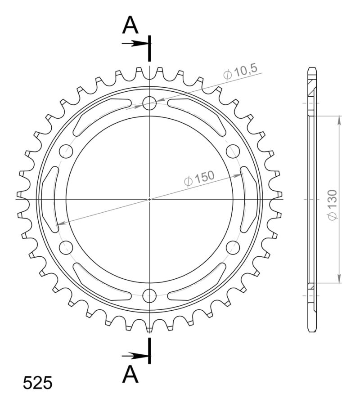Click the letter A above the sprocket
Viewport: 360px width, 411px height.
coord(131,26)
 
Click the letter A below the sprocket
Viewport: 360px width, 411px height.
coord(131,374)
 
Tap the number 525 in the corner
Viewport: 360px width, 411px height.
coord(38,383)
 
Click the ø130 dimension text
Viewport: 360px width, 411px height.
coord(332,205)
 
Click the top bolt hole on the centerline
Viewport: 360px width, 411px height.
coord(149,103)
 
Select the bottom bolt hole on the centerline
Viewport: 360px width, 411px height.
coord(149,295)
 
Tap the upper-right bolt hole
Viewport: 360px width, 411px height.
coord(233,151)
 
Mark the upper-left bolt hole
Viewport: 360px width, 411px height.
coord(66,151)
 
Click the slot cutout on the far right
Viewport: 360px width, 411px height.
coord(249,198)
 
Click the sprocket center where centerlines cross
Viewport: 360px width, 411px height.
coord(149,199)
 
